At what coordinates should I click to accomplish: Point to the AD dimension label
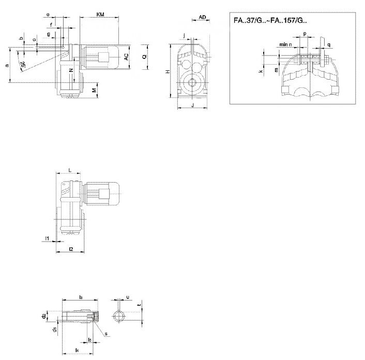(203, 18)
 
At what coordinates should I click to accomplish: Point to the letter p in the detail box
(305, 33)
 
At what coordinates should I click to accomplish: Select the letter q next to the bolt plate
(330, 45)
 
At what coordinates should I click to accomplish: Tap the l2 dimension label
(71, 249)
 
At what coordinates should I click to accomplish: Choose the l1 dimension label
(47, 238)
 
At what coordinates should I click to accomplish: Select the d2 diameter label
(44, 313)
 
